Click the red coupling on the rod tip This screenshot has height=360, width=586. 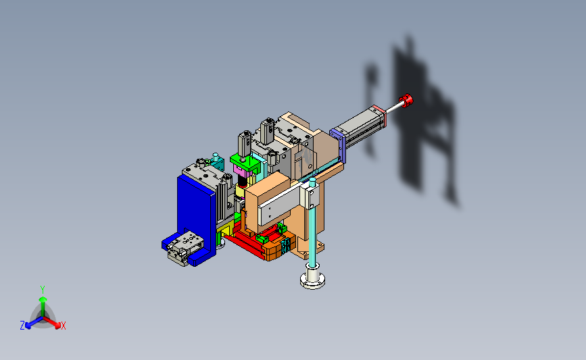pyautogui.click(x=406, y=101)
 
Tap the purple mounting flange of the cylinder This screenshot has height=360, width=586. pyautogui.click(x=338, y=145)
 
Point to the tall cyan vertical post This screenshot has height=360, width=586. pyautogui.click(x=312, y=224)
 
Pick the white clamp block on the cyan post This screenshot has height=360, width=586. pyautogui.click(x=310, y=197)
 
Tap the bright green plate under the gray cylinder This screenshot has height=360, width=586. pyautogui.click(x=245, y=163)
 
